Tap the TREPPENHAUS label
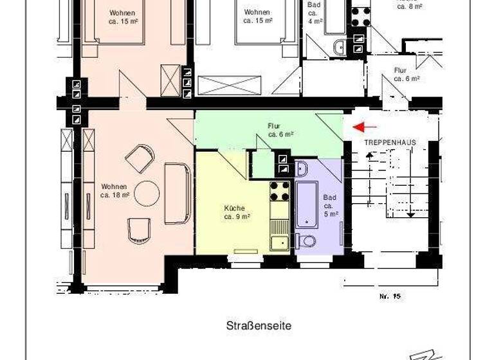(x=390, y=142)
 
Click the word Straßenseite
(x=259, y=326)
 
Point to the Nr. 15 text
(x=390, y=296)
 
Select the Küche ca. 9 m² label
(x=237, y=212)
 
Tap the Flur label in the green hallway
(x=280, y=130)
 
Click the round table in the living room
(x=147, y=192)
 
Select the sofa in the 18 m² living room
(x=177, y=193)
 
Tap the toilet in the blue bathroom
(x=306, y=241)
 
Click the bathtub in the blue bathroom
(x=306, y=204)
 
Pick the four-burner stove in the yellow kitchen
(x=279, y=191)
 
